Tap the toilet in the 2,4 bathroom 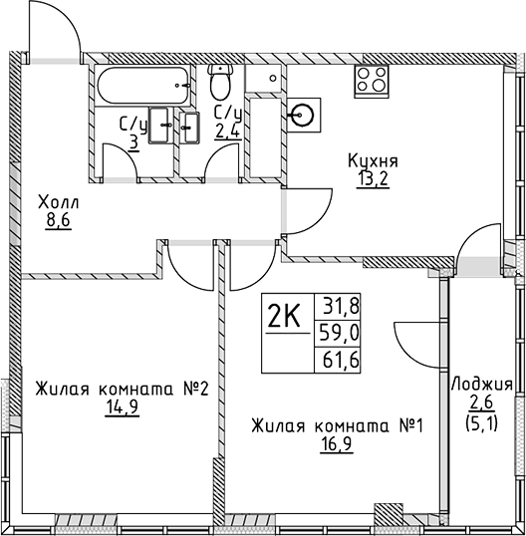(220, 82)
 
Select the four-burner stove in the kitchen (372, 81)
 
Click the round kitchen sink (303, 115)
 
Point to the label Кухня (373, 161)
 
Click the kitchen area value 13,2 (373, 179)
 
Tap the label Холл (58, 202)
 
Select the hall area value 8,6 (58, 221)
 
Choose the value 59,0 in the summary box (339, 333)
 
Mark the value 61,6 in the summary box (341, 360)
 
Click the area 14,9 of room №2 (123, 407)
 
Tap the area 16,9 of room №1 (337, 444)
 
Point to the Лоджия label (482, 386)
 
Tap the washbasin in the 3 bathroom (159, 125)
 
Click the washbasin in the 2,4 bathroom (189, 128)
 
